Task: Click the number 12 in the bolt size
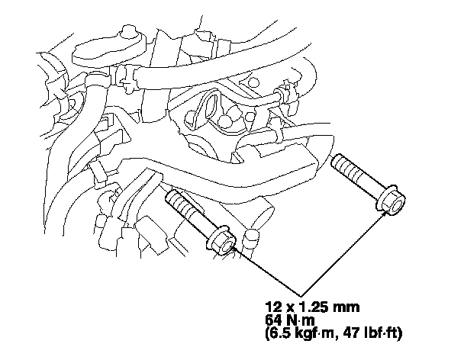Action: (273, 307)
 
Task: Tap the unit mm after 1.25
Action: (346, 308)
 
